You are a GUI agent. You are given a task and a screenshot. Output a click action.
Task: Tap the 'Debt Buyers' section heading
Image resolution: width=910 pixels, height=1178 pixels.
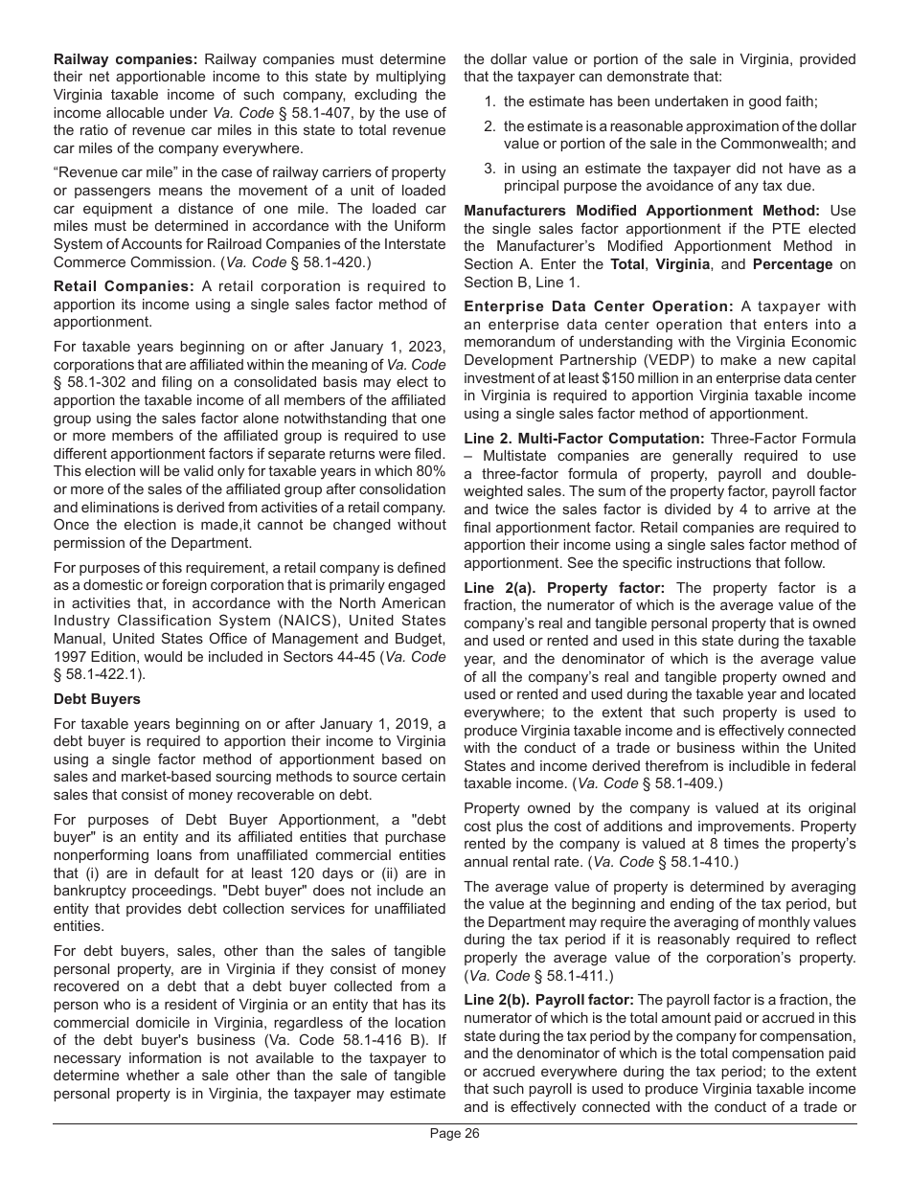(97, 699)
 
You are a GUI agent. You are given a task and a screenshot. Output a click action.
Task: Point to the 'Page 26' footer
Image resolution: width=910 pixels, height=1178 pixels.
(454, 1134)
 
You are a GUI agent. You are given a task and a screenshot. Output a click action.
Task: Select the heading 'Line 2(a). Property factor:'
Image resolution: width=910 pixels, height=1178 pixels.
(565, 588)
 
